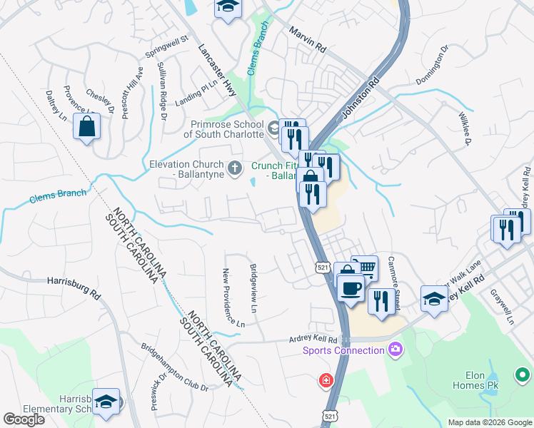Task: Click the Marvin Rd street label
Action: point(308,40)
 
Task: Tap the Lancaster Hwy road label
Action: point(218,68)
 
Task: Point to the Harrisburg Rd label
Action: point(71,281)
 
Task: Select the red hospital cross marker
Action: point(326,380)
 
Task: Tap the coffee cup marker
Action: point(350,289)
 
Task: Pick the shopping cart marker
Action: point(364,267)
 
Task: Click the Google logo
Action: point(24,419)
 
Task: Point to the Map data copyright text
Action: point(490,422)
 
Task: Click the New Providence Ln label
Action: point(233,298)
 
